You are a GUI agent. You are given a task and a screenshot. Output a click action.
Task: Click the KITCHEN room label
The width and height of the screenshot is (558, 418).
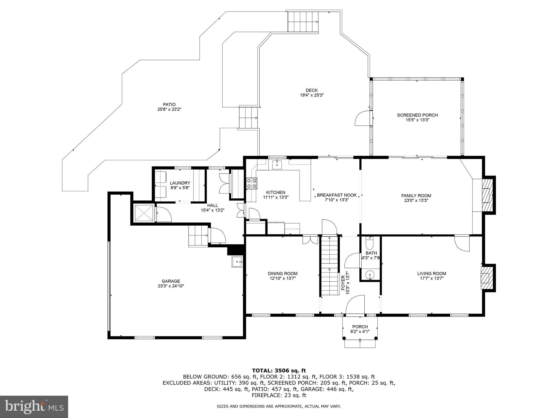276,192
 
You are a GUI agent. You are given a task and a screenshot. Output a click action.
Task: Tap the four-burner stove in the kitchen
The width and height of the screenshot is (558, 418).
252,183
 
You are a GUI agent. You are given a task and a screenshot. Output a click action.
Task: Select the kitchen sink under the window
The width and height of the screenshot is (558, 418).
277,164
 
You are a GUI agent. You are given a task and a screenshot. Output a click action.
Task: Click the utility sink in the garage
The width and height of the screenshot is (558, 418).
237,262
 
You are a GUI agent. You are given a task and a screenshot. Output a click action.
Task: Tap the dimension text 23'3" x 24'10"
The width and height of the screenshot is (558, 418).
171,286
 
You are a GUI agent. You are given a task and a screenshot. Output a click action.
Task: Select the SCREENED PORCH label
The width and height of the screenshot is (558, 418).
417,115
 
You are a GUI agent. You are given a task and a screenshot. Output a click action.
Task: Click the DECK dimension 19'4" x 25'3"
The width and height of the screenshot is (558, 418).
311,95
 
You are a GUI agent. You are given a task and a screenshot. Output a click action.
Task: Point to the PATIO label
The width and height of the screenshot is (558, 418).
169,104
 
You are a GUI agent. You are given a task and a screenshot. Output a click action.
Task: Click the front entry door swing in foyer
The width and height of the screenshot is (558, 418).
355,305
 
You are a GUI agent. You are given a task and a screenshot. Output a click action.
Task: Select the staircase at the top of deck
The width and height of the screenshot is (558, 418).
303,22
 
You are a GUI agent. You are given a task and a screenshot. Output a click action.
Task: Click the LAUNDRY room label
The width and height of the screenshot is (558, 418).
180,183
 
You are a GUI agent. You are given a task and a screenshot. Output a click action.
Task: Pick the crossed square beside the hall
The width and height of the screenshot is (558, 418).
144,213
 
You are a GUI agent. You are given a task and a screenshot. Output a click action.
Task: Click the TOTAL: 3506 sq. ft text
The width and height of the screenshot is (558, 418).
279,370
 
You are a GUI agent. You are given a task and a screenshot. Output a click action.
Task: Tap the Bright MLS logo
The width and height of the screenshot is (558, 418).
34,407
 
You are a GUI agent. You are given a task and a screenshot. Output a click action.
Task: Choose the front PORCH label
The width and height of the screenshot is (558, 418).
360,327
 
